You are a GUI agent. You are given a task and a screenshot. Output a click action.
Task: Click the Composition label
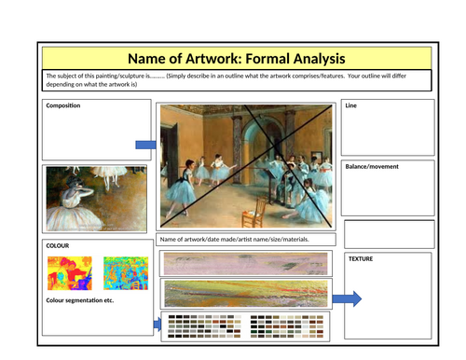click(64, 105)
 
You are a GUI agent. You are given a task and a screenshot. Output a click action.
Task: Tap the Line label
click(351, 106)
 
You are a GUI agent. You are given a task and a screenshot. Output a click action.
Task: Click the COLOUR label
click(58, 245)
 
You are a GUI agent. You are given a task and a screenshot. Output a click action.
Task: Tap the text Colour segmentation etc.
click(79, 300)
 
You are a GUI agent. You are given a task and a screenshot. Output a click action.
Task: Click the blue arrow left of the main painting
click(147, 145)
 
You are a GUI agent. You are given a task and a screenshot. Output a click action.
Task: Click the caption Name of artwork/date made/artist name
click(234, 240)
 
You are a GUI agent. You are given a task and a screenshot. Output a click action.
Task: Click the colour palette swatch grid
click(245, 325)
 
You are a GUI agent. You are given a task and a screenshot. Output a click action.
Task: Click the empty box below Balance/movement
click(389, 233)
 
